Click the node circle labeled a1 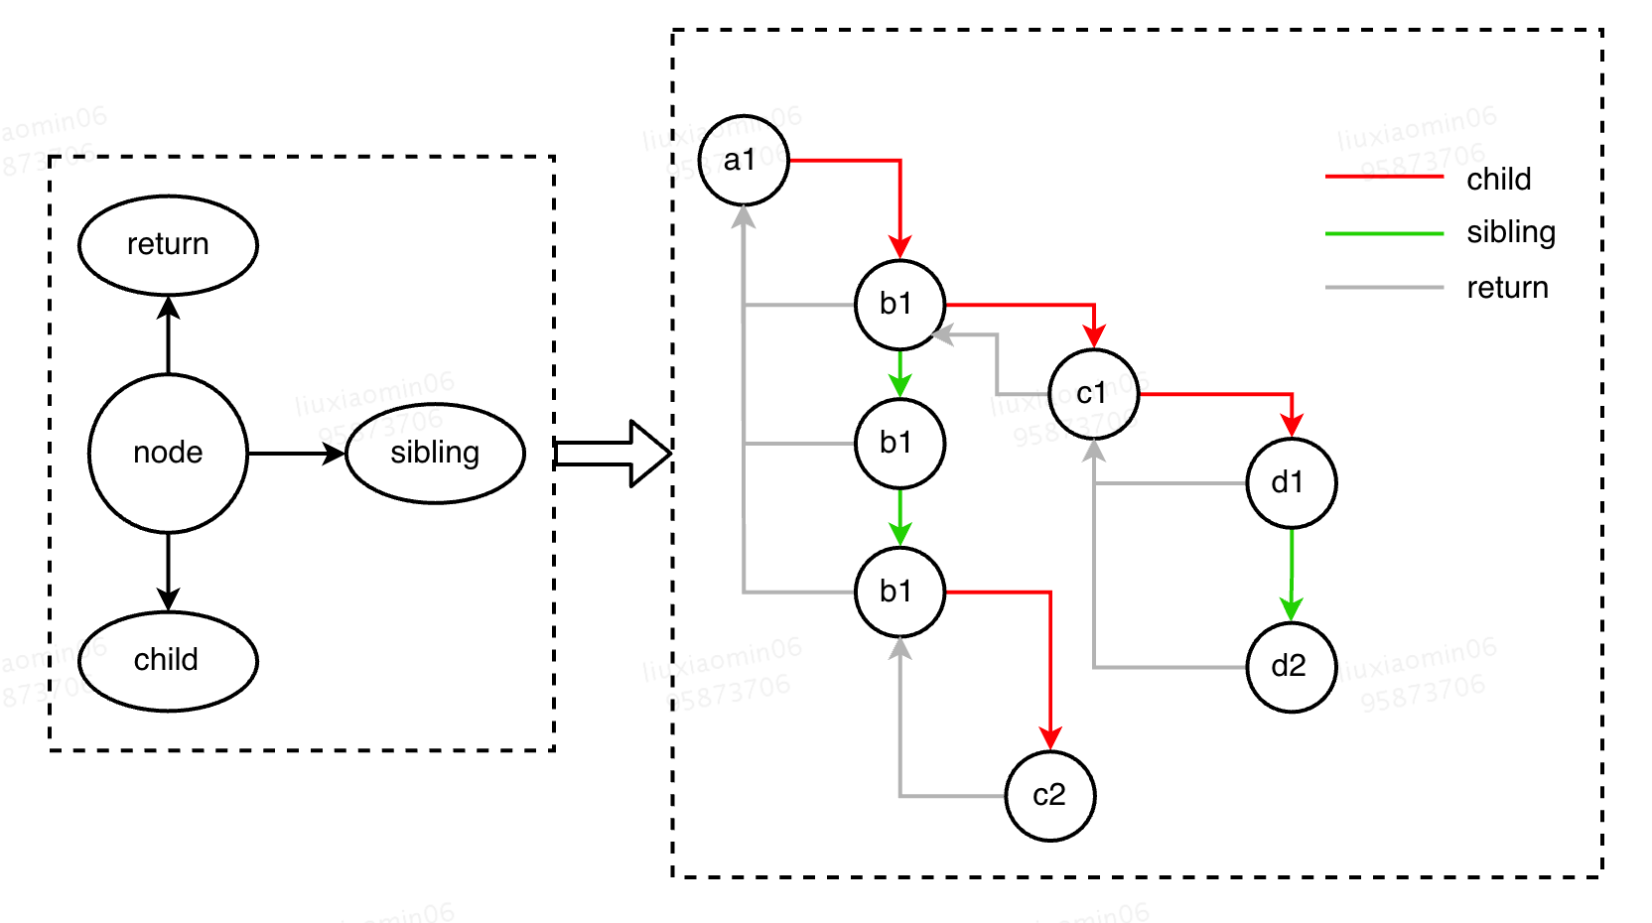[x=743, y=161]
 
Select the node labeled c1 [x=1093, y=394]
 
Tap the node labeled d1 [x=1291, y=483]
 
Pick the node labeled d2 [x=1291, y=667]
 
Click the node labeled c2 [x=1049, y=796]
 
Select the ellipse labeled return [x=168, y=245]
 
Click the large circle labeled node [x=168, y=454]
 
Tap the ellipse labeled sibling [x=435, y=454]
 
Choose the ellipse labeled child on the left [x=168, y=661]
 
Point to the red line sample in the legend [x=1384, y=177]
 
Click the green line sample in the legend [x=1384, y=233]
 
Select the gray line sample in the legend [x=1384, y=288]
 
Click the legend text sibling [x=1511, y=232]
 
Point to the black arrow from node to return [x=168, y=335]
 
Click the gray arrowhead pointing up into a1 [x=744, y=216]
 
